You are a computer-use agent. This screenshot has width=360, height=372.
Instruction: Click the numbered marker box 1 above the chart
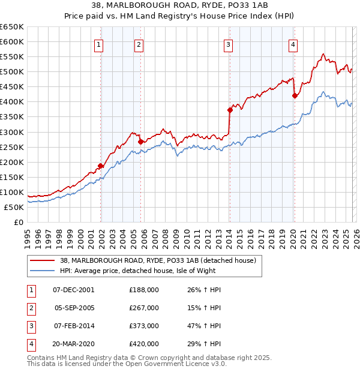[98, 44]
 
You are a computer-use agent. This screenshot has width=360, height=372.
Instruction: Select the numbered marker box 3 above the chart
[229, 44]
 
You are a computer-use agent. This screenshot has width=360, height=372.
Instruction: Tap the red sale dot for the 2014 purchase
[230, 110]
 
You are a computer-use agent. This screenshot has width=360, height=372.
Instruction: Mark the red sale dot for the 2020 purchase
[295, 95]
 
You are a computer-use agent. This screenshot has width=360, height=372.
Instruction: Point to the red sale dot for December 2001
[101, 166]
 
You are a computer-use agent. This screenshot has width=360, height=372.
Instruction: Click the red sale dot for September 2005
[140, 142]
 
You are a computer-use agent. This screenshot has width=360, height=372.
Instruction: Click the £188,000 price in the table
[144, 289]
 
